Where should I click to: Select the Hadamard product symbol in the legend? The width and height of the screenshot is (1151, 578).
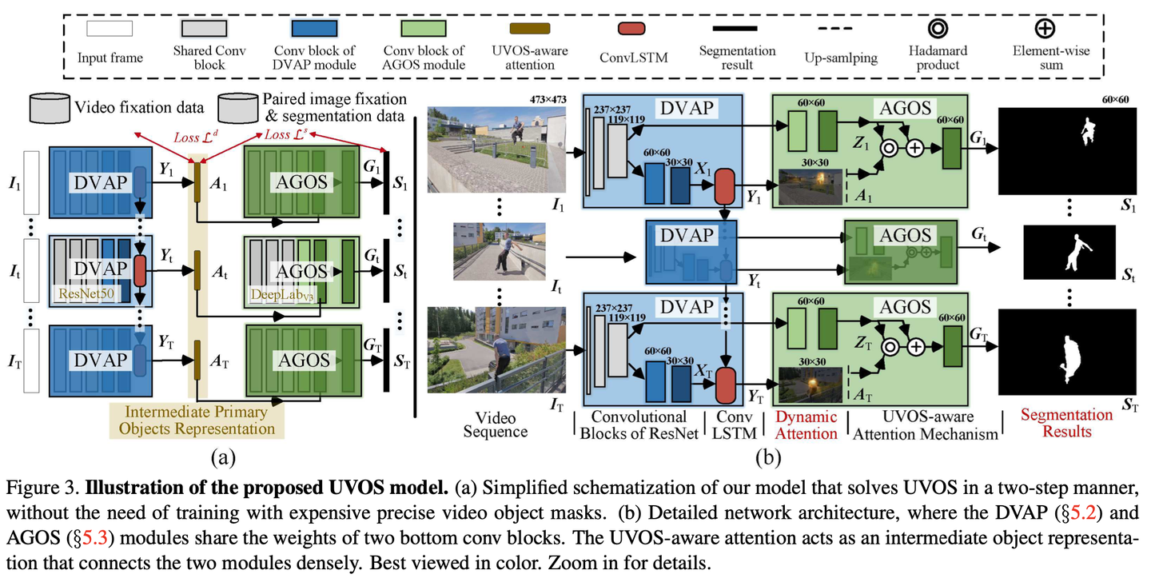(938, 28)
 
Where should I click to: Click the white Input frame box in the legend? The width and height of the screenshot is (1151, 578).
(110, 30)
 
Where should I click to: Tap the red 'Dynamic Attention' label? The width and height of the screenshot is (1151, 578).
(806, 425)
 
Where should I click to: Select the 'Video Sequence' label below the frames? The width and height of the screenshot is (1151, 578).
(502, 425)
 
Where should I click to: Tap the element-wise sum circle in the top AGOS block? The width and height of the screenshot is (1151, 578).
(914, 148)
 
